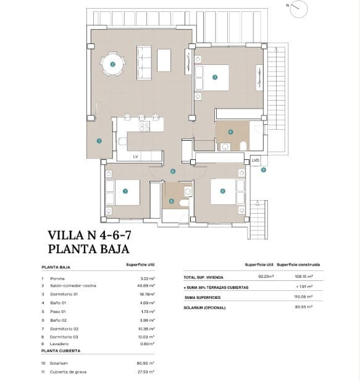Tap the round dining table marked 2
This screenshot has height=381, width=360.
112,64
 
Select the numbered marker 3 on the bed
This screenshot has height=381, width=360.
214,77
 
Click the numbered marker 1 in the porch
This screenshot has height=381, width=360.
99,141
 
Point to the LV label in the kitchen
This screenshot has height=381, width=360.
135,157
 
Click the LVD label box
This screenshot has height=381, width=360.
256,161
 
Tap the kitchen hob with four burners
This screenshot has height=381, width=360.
144,126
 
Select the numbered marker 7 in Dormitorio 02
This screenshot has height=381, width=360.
125,191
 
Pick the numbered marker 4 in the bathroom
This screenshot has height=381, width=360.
230,132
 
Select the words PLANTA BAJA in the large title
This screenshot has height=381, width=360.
88,249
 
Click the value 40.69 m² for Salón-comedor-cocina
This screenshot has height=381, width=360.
146,285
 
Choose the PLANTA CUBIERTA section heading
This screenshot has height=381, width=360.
61,350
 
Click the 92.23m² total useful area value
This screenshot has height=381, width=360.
266,277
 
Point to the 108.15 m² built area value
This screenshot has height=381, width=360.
304,277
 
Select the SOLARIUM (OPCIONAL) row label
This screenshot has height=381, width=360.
204,307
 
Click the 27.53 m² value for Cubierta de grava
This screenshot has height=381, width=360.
146,372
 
